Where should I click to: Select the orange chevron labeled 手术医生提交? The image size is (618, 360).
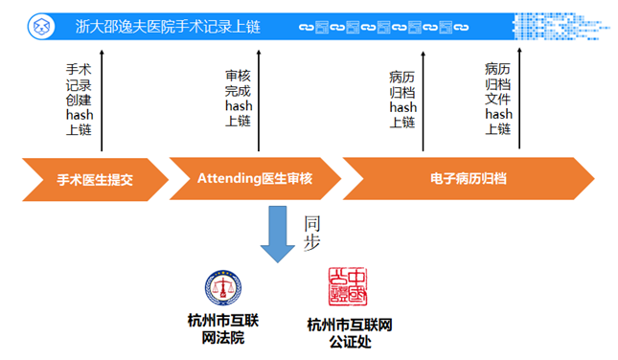pos(94,179)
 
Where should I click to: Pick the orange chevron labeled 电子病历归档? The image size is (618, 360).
pos(468,179)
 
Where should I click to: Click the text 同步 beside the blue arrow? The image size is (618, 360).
pos(311,234)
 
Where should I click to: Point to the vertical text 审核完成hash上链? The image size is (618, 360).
pos(239,99)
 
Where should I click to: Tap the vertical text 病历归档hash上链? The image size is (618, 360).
pos(402,99)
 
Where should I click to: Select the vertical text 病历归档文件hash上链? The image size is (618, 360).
pos(498,99)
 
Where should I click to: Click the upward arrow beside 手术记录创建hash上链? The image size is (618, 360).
pos(103,100)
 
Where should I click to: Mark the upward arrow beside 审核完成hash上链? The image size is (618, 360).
pos(260,100)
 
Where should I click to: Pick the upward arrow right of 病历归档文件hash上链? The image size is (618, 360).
pos(520,100)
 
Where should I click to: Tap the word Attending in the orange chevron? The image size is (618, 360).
pos(229,179)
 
